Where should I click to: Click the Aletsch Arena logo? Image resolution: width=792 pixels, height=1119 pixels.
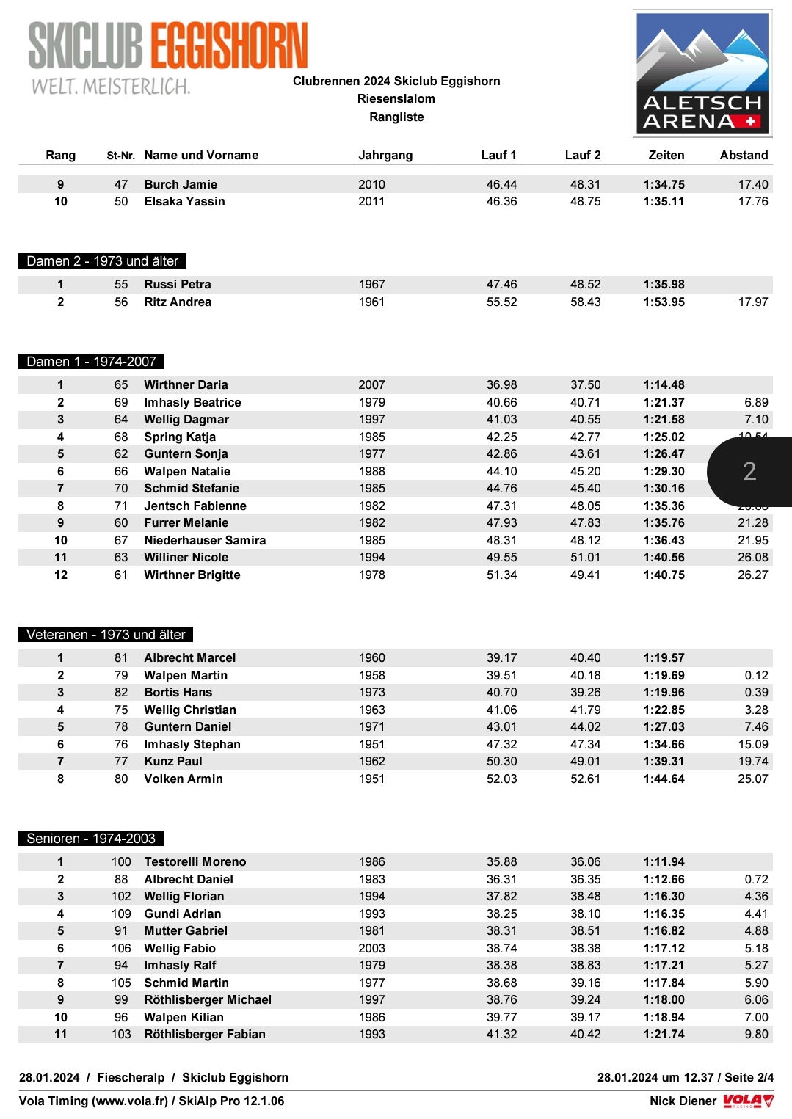click(702, 73)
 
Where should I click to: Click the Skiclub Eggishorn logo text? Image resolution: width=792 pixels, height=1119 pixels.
click(167, 46)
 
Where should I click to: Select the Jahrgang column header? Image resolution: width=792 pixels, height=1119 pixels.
click(385, 155)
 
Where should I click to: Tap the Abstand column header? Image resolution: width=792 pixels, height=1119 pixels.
click(744, 155)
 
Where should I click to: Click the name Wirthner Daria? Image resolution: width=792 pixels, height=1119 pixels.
click(186, 384)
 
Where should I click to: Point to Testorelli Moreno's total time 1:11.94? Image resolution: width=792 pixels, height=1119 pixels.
click(664, 861)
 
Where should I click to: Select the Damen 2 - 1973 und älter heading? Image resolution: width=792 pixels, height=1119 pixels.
click(102, 261)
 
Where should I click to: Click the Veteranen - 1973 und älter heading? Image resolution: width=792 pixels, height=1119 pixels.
click(106, 635)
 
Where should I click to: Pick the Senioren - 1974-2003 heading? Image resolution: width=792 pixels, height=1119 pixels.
click(91, 839)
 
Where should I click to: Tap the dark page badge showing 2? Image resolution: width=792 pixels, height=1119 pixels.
click(749, 471)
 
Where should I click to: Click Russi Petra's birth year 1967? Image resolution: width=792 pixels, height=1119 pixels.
click(371, 284)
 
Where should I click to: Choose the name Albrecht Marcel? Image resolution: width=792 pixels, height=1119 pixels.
click(189, 657)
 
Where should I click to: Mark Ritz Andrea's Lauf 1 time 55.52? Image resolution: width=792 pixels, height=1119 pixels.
click(501, 302)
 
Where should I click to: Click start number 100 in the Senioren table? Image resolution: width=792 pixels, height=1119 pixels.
click(121, 861)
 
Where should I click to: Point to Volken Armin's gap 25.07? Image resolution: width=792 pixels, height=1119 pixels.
click(752, 779)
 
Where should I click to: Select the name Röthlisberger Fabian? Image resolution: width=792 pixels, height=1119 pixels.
click(205, 1034)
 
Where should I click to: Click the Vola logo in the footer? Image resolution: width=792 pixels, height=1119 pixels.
click(748, 1101)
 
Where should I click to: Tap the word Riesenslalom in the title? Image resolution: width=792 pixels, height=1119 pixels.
click(396, 98)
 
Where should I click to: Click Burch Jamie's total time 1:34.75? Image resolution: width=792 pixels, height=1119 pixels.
click(664, 184)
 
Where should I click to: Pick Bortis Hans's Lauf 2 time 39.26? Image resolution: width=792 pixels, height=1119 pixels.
click(585, 692)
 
